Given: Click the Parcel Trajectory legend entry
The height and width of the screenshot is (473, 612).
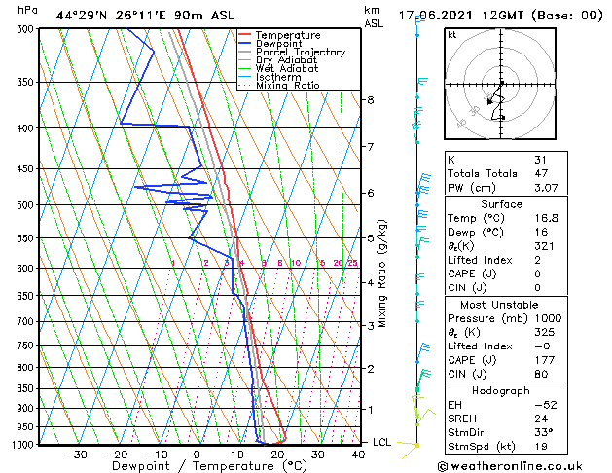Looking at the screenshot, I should [301, 52].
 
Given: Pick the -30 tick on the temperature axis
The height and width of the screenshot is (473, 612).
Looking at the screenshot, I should [76, 454].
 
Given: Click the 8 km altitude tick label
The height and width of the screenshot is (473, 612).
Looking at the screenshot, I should [370, 100].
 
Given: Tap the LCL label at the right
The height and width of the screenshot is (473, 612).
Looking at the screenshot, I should [383, 442].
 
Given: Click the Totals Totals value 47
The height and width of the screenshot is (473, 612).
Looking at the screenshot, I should [540, 173].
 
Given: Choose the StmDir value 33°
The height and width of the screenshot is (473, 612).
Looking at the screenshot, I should [543, 432].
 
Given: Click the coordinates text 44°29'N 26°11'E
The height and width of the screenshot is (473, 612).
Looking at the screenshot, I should [106, 16].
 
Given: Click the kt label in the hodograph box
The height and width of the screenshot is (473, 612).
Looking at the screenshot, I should [451, 34].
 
